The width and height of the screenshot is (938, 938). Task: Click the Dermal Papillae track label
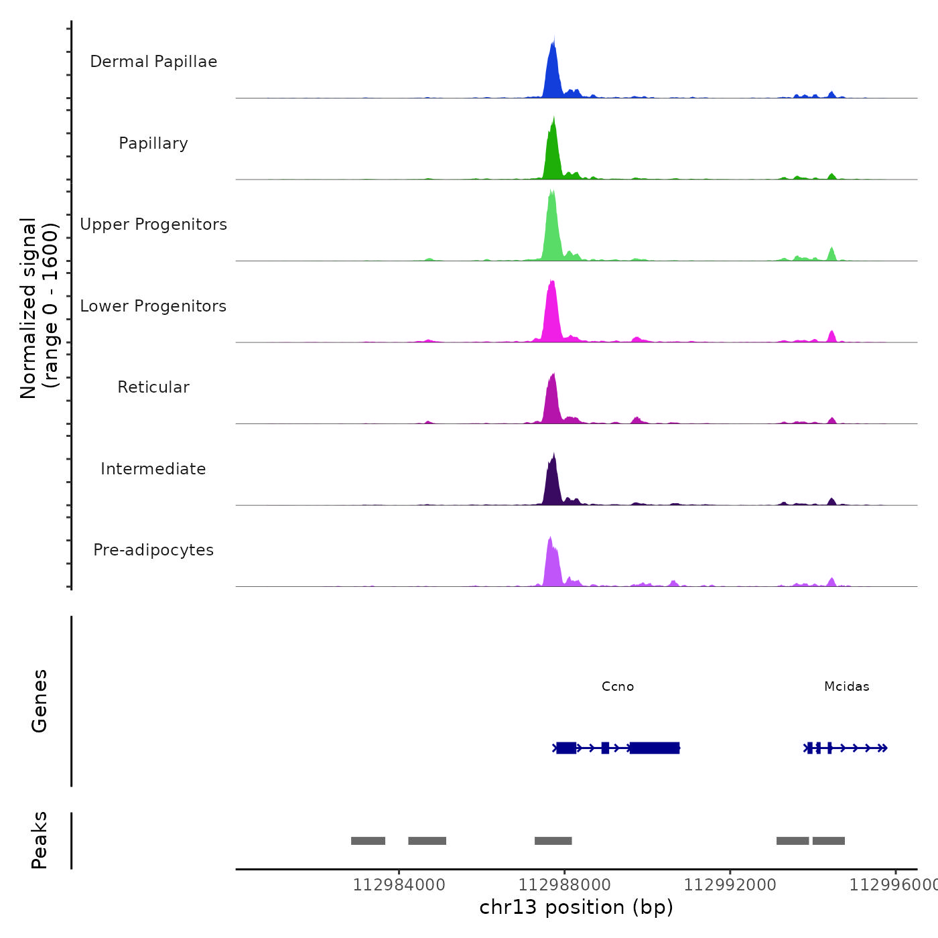[x=153, y=62]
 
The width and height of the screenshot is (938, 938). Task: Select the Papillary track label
[x=153, y=143]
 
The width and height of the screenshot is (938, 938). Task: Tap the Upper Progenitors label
[x=153, y=224]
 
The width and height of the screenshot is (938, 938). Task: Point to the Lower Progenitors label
[x=153, y=306]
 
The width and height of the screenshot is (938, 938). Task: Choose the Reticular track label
[x=153, y=387]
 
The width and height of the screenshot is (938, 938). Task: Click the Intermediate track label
[x=153, y=469]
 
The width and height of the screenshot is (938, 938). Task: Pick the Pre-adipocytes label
[x=153, y=550]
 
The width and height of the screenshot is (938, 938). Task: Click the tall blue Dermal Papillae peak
[x=552, y=74]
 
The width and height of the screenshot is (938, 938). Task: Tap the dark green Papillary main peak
[x=552, y=154]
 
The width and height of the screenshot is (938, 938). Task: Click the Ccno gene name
[x=618, y=687]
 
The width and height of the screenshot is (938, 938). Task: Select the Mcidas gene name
[x=847, y=687]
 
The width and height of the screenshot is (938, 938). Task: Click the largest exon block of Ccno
[x=655, y=748]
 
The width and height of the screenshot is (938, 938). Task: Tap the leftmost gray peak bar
[x=368, y=841]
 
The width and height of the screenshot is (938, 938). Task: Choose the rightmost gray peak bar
[x=829, y=841]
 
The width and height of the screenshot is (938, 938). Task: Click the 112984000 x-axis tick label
[x=399, y=885]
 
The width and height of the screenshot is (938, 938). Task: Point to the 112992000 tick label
[x=730, y=885]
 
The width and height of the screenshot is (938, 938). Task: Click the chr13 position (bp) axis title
[x=576, y=907]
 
